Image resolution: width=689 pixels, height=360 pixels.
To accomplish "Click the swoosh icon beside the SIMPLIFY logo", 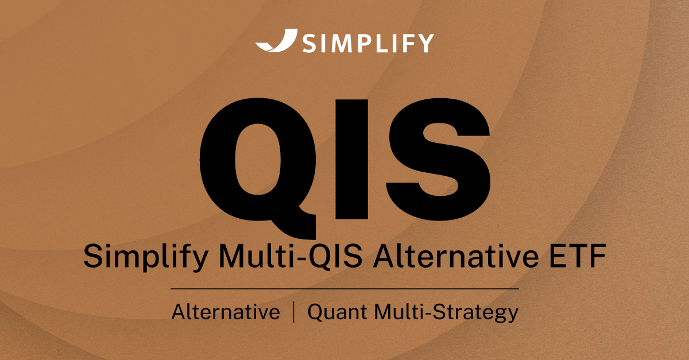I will (x=277, y=42).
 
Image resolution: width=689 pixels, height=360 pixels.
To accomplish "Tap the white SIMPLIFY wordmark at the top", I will (x=367, y=43).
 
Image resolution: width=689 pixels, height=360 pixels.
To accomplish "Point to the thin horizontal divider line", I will (x=344, y=288).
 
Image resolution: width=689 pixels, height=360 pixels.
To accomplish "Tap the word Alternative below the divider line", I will (x=226, y=312).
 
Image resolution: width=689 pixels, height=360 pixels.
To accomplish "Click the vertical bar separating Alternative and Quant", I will (x=295, y=312).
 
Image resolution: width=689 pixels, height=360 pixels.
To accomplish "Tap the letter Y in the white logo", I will (x=424, y=43).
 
